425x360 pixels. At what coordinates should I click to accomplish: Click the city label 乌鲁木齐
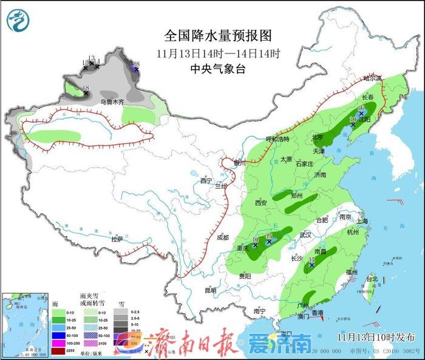(112, 102)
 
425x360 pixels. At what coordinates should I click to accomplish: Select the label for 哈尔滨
(372, 79)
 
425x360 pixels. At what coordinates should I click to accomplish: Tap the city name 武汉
(305, 234)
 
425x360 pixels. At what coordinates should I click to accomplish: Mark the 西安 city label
(261, 202)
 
